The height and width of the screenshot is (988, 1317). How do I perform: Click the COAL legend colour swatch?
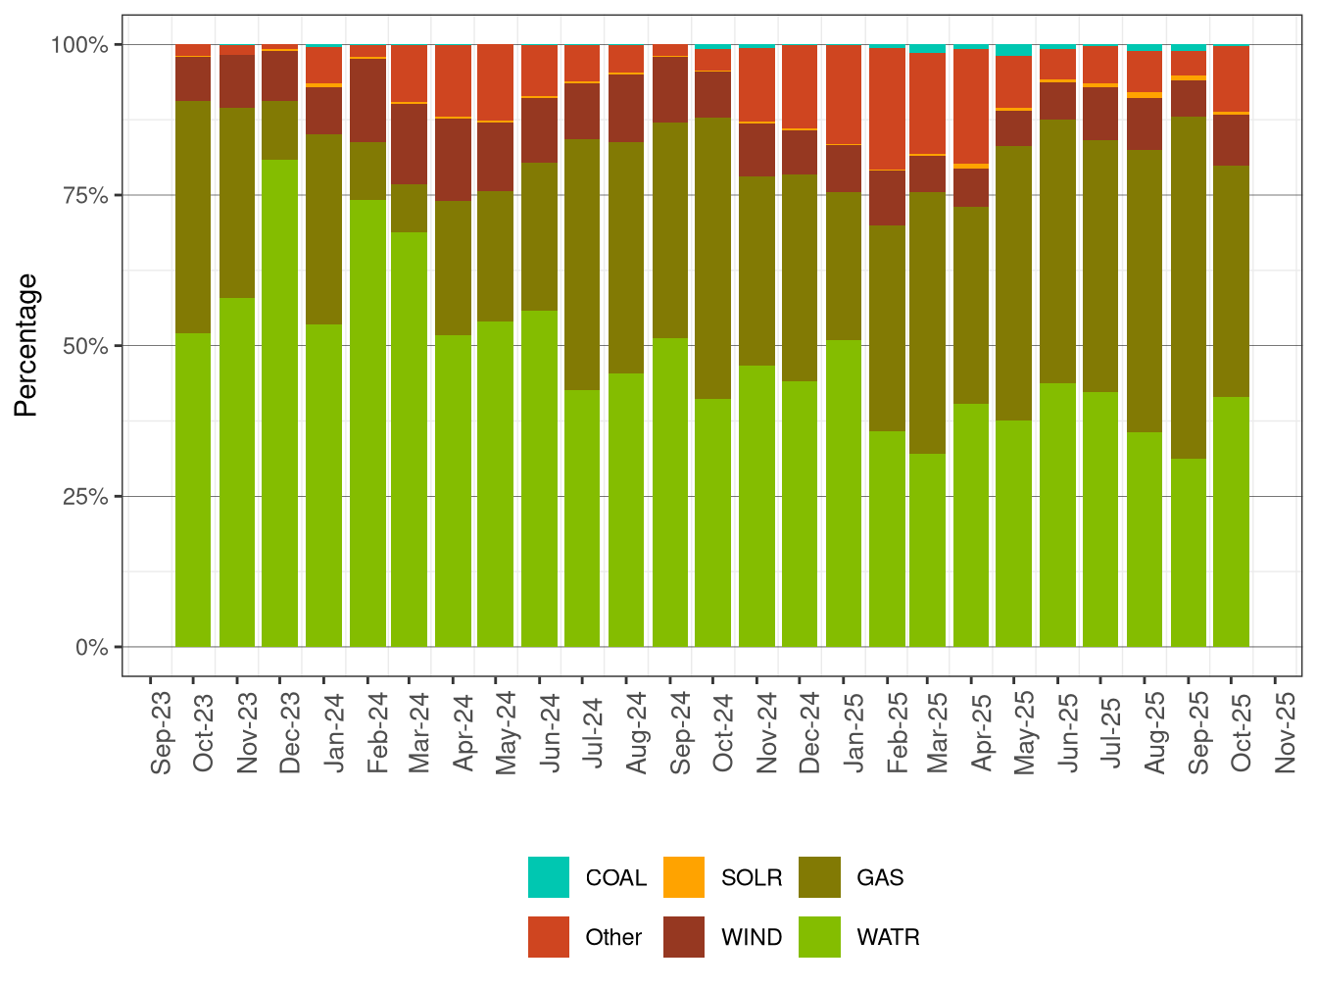click(x=548, y=877)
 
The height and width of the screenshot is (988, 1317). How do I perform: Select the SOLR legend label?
click(x=751, y=878)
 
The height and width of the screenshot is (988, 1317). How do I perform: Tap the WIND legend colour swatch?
click(x=683, y=937)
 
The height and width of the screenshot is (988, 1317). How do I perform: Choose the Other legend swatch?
click(x=548, y=937)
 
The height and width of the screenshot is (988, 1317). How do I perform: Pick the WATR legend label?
click(x=888, y=938)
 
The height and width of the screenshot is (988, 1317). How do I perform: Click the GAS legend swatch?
click(x=819, y=877)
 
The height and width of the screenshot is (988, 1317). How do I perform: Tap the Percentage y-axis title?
click(x=26, y=345)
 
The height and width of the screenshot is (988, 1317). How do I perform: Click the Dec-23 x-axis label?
click(x=290, y=732)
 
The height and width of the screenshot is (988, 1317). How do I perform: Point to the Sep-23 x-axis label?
click(x=162, y=732)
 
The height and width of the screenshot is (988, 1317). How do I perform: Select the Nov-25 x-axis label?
click(x=1286, y=732)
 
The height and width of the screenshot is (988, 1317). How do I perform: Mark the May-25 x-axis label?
click(x=1025, y=732)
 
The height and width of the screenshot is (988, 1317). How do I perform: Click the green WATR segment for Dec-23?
click(x=279, y=402)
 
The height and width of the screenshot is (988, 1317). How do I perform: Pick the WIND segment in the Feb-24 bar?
click(x=367, y=100)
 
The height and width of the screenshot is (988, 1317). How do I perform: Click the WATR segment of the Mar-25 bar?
click(x=927, y=549)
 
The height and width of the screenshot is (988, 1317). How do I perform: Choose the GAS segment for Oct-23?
click(x=193, y=217)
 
